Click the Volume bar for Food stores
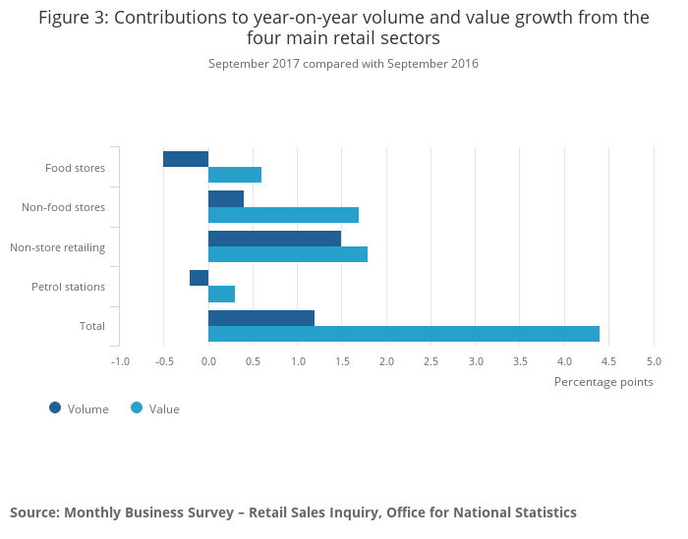(x=186, y=159)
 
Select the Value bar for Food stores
(x=235, y=175)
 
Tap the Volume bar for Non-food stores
(x=226, y=198)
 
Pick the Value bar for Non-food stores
(x=283, y=215)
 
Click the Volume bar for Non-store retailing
(x=274, y=239)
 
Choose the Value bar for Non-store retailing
(x=288, y=254)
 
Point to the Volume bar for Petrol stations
(x=200, y=278)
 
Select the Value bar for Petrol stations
(x=222, y=294)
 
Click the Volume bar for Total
(x=261, y=318)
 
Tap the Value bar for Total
(x=404, y=334)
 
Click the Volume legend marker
(x=55, y=407)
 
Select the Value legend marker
(x=137, y=407)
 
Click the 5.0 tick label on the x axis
(x=654, y=361)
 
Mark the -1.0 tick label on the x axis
(x=120, y=361)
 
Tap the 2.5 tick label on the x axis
(x=430, y=361)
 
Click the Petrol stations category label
(x=68, y=287)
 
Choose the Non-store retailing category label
(x=57, y=246)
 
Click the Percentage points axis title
(x=603, y=382)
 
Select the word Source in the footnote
(x=33, y=512)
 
